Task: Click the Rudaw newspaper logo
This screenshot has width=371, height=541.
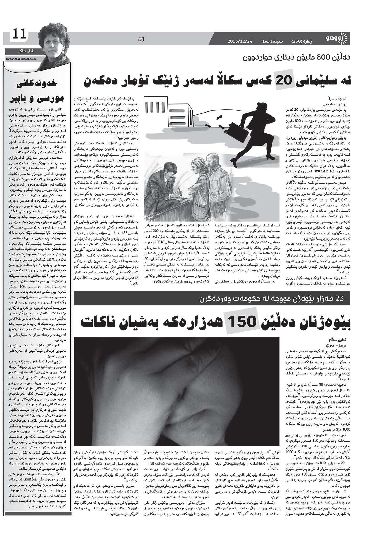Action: coord(337,40)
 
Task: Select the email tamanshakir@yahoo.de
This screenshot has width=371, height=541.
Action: coord(21,60)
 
